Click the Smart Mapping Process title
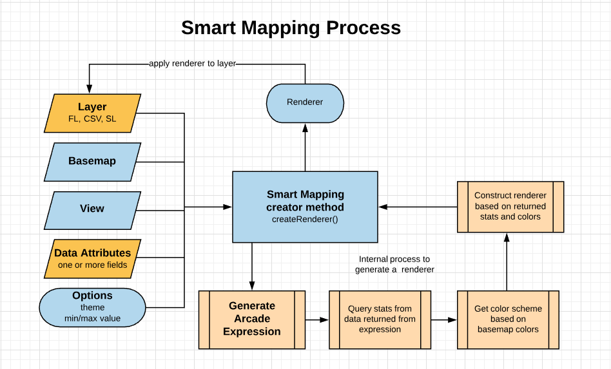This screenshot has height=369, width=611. [x=291, y=28]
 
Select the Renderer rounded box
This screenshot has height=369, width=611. [x=305, y=102]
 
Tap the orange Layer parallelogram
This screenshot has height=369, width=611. [x=92, y=113]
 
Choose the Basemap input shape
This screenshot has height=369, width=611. [x=92, y=161]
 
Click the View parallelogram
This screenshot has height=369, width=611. [x=92, y=209]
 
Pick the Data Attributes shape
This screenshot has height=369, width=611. [x=92, y=258]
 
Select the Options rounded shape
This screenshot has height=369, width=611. [x=92, y=307]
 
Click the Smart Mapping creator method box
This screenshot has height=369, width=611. [x=305, y=206]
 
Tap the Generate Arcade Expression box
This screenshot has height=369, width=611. [x=251, y=319]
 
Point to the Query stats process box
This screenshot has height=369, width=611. [x=380, y=319]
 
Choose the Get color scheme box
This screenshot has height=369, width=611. [x=508, y=319]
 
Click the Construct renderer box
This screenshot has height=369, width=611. [x=510, y=206]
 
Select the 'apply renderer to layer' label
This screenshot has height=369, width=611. [x=192, y=64]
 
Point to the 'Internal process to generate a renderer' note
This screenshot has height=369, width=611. [x=394, y=264]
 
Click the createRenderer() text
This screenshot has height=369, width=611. [x=305, y=220]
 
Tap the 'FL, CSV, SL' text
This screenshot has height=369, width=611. [x=92, y=119]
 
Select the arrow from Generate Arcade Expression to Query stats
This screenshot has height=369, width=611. [x=316, y=319]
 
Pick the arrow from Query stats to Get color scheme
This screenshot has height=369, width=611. [x=444, y=319]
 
